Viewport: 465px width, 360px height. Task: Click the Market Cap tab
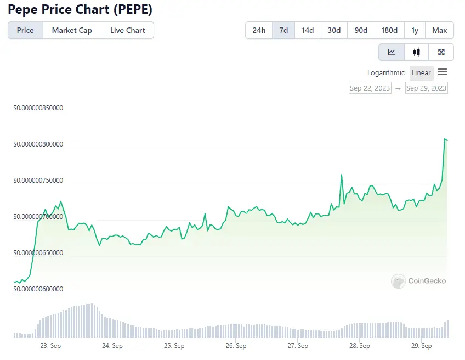(x=72, y=30)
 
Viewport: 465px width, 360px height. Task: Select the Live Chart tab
(x=127, y=30)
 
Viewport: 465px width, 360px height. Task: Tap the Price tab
(x=25, y=30)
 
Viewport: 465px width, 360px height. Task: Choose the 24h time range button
(x=259, y=30)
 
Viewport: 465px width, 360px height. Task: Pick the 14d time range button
(x=308, y=30)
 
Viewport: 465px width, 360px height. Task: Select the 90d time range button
(x=361, y=30)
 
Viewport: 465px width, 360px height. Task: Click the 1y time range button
(x=415, y=30)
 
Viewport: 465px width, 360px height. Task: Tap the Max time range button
(x=439, y=30)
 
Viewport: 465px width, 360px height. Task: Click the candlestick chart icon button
(x=416, y=52)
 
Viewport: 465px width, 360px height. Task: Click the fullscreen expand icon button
(x=441, y=52)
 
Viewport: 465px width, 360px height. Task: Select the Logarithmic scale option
(x=386, y=72)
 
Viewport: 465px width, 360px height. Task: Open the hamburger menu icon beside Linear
(x=443, y=72)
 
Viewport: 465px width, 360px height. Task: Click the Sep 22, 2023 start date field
(x=370, y=88)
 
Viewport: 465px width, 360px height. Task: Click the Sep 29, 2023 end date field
(x=426, y=88)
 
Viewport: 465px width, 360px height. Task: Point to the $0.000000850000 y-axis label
(x=38, y=108)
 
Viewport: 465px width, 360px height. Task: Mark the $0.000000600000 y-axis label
(x=38, y=289)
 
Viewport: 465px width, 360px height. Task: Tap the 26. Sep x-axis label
(x=235, y=346)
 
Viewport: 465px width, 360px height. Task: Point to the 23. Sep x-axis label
(x=50, y=346)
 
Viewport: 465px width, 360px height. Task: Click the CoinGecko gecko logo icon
(x=398, y=281)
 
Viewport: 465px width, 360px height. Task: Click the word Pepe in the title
(x=24, y=9)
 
